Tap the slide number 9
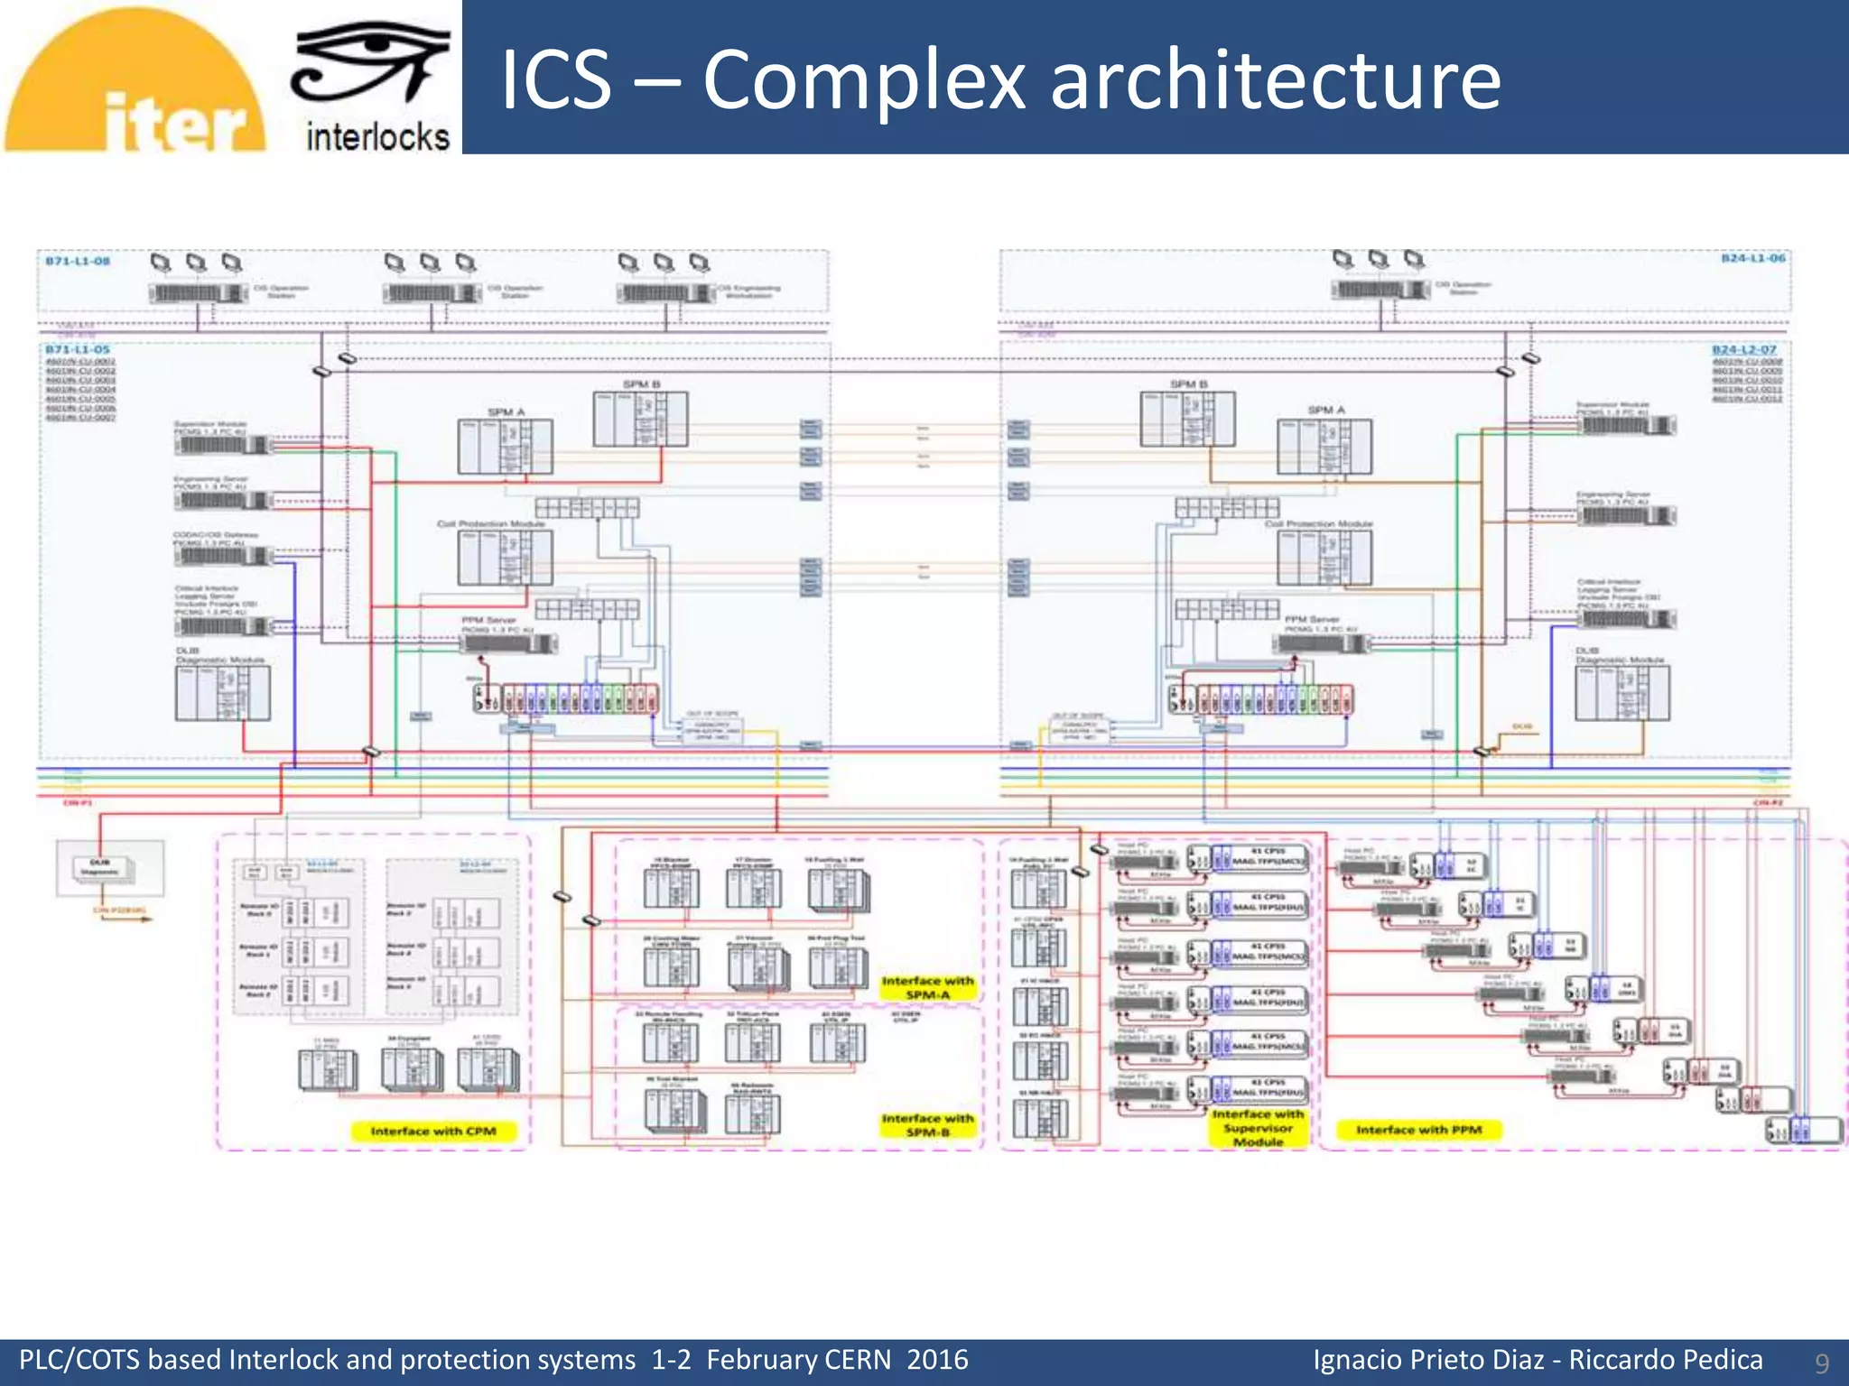click(x=1822, y=1363)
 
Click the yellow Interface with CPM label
click(x=433, y=1132)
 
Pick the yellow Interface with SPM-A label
click(x=928, y=987)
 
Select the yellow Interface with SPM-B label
click(x=928, y=1125)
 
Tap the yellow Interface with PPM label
click(x=1418, y=1130)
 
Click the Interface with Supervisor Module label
click(x=1258, y=1128)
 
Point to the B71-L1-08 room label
click(x=78, y=261)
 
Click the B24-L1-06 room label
click(x=1752, y=258)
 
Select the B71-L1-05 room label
click(x=78, y=349)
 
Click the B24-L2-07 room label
click(x=1744, y=349)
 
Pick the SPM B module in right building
click(x=1188, y=419)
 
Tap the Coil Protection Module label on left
click(x=491, y=524)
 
